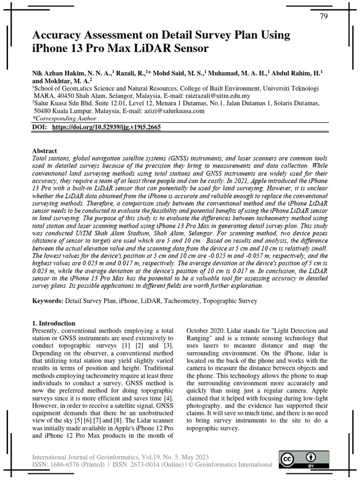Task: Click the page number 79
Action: pyautogui.click(x=323, y=16)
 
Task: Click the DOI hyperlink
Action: pyautogui.click(x=106, y=127)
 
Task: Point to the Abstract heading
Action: pyautogui.click(x=45, y=151)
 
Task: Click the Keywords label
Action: pyautogui.click(x=47, y=300)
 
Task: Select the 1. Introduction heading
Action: pyautogui.click(x=53, y=323)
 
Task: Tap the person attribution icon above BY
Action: pyautogui.click(x=310, y=457)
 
